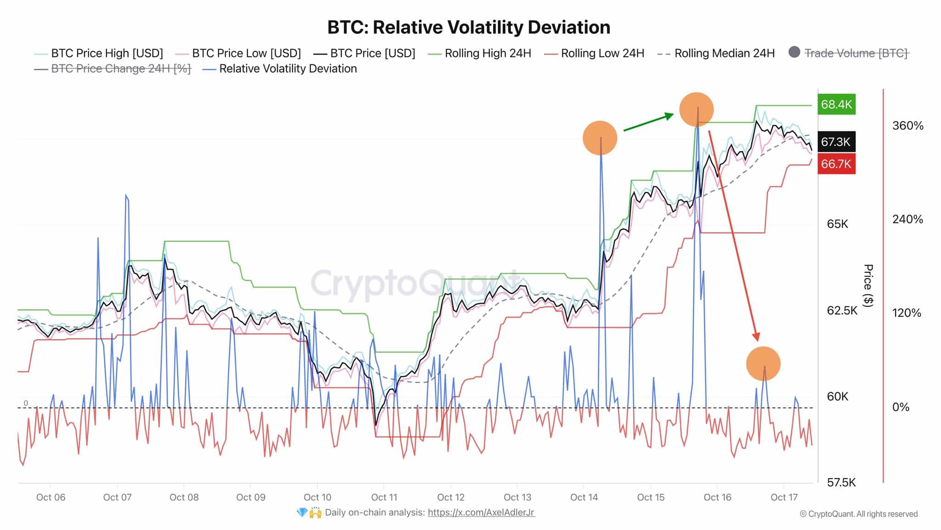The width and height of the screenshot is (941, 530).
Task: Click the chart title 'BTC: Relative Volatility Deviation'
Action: coord(469,28)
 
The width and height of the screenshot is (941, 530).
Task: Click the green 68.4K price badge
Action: coord(836,104)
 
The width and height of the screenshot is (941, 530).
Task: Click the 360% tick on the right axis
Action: coord(907,126)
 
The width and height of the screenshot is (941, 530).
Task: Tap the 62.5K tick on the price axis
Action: coord(842,311)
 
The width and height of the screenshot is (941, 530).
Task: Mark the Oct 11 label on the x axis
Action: coord(384,497)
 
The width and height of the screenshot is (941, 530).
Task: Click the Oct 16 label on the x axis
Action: coord(717,497)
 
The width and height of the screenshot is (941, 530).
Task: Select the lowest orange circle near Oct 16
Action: coord(763,363)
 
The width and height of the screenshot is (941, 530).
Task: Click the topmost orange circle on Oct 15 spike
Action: coord(696,109)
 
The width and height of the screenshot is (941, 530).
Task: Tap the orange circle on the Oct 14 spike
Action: coord(600,138)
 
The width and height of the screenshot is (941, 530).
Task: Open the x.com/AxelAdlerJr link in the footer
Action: coord(481,513)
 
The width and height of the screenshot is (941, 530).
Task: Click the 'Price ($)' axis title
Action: coord(868,285)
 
